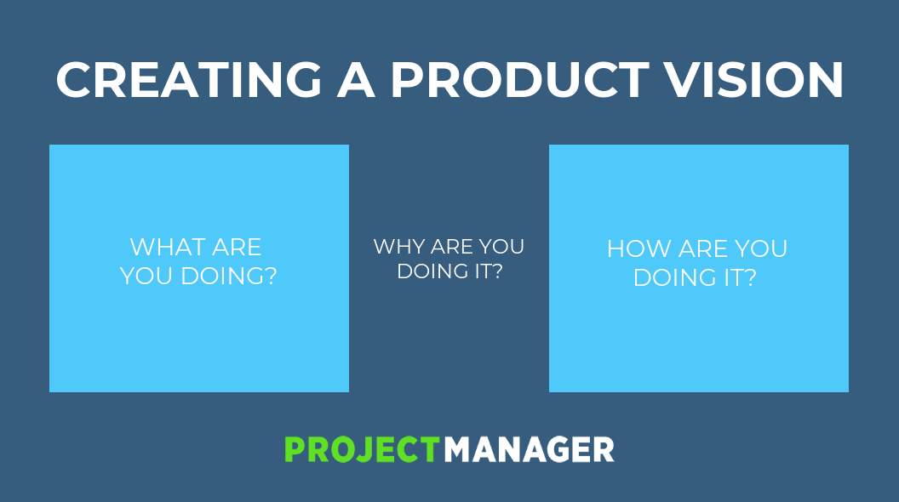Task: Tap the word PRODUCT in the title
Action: click(520, 80)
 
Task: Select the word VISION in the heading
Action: click(754, 80)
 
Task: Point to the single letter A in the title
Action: click(356, 80)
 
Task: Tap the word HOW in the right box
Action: click(638, 249)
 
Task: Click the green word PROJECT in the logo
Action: click(363, 449)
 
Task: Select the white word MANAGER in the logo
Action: click(529, 449)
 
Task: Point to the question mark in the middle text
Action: click(496, 271)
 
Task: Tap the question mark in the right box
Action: click(750, 278)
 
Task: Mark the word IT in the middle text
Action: click(480, 271)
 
